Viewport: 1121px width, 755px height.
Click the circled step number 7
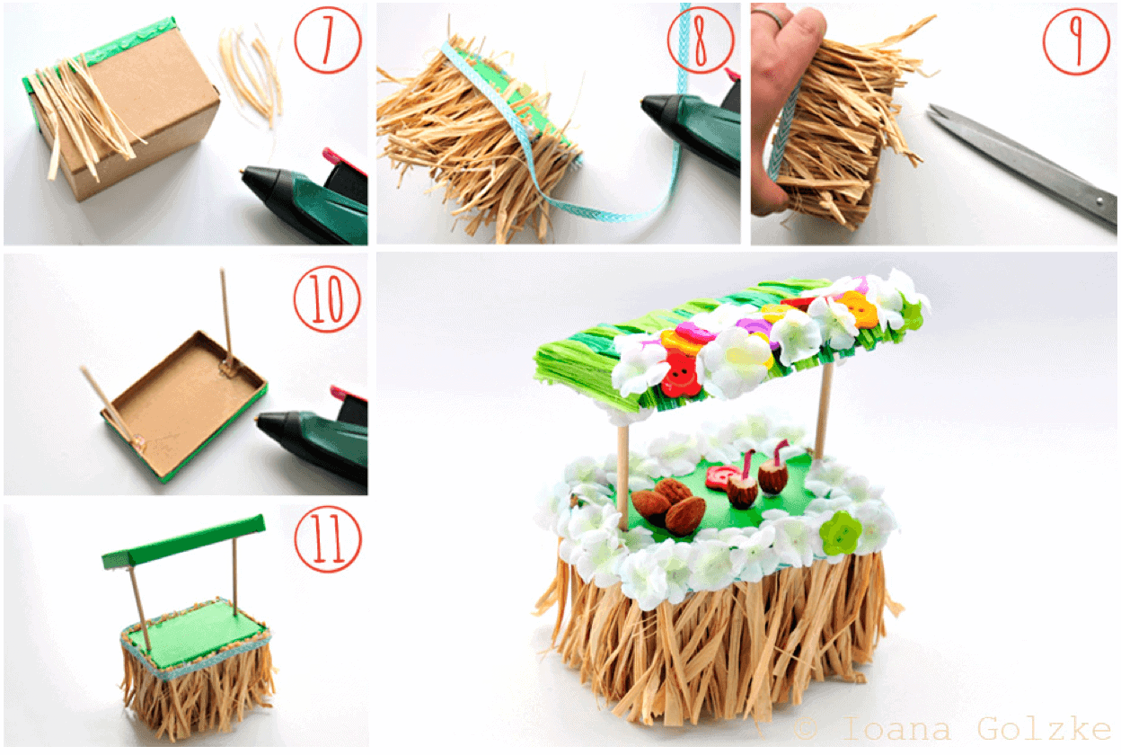328,40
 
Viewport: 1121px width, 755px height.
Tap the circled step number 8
700,40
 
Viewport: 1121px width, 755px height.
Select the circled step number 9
1076,41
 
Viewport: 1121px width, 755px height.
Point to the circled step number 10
327,299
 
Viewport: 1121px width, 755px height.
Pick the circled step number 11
328,539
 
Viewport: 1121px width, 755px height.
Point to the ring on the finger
768,16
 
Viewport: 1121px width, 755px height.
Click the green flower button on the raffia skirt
841,533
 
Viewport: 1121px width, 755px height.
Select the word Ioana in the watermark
896,729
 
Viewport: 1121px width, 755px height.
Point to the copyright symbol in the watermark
807,728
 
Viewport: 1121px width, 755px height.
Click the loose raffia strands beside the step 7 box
251,75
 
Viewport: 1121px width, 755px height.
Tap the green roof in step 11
183,542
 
